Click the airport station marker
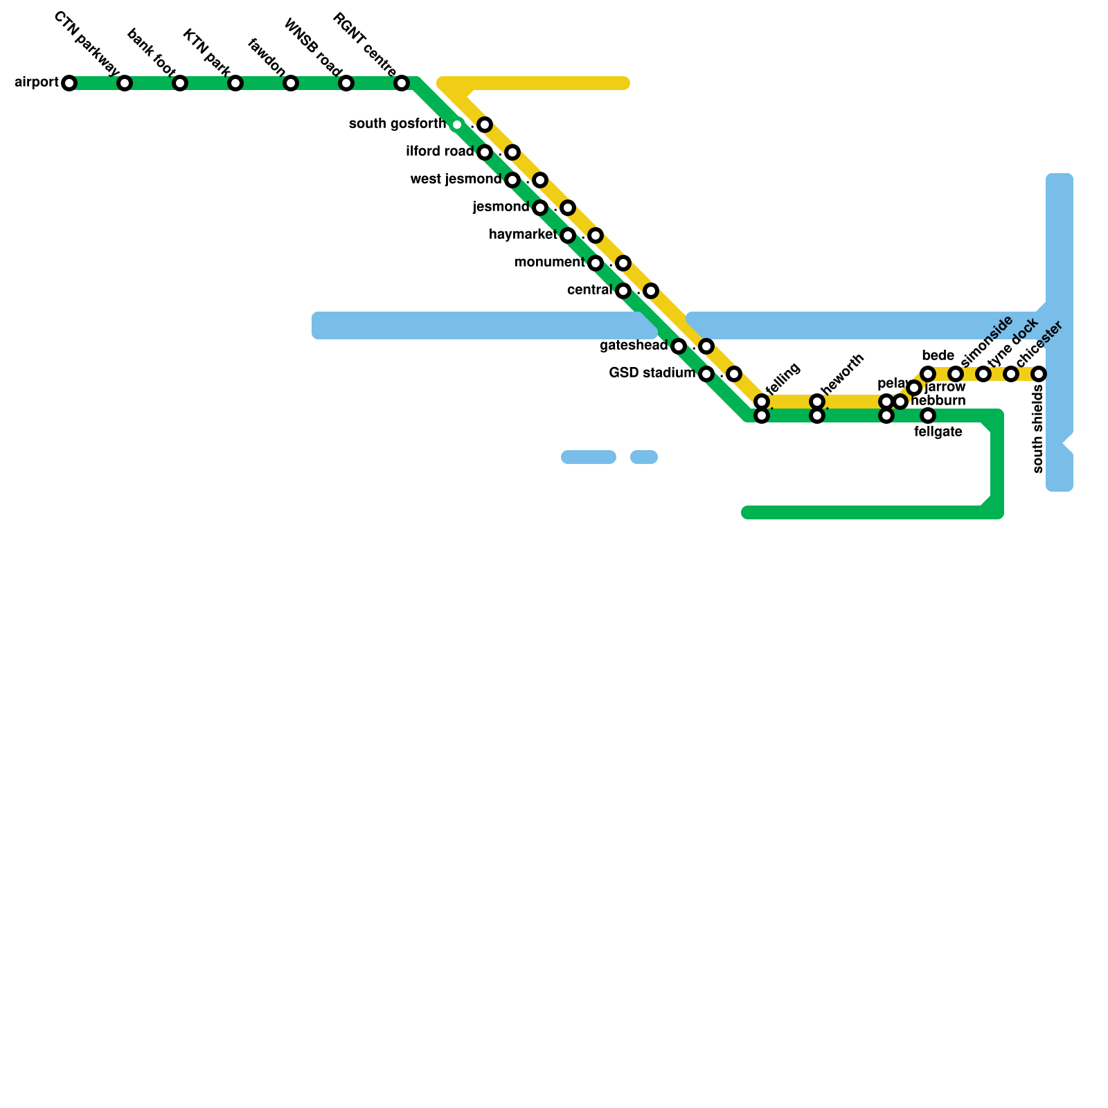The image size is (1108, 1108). (x=69, y=83)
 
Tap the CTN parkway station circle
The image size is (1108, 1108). (x=125, y=83)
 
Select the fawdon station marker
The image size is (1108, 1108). (x=291, y=83)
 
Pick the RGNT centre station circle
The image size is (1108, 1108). (x=402, y=83)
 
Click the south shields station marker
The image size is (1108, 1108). (x=1039, y=374)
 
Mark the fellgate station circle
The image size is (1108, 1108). (x=928, y=415)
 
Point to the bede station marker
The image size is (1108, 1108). (x=928, y=374)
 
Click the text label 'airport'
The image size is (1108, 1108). (x=37, y=82)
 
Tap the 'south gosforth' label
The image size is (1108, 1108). (x=397, y=124)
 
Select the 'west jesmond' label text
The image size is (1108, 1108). (x=456, y=179)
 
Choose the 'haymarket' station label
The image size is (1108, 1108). (x=523, y=235)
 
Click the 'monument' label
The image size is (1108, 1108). (x=549, y=262)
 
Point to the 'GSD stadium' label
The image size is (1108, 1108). (x=652, y=373)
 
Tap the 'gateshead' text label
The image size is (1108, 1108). (x=634, y=345)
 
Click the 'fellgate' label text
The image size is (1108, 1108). (x=938, y=432)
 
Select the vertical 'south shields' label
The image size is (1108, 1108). (x=1037, y=429)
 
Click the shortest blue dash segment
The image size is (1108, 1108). (x=644, y=457)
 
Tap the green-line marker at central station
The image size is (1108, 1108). (x=623, y=291)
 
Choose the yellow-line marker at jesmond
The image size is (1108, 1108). (x=568, y=208)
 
